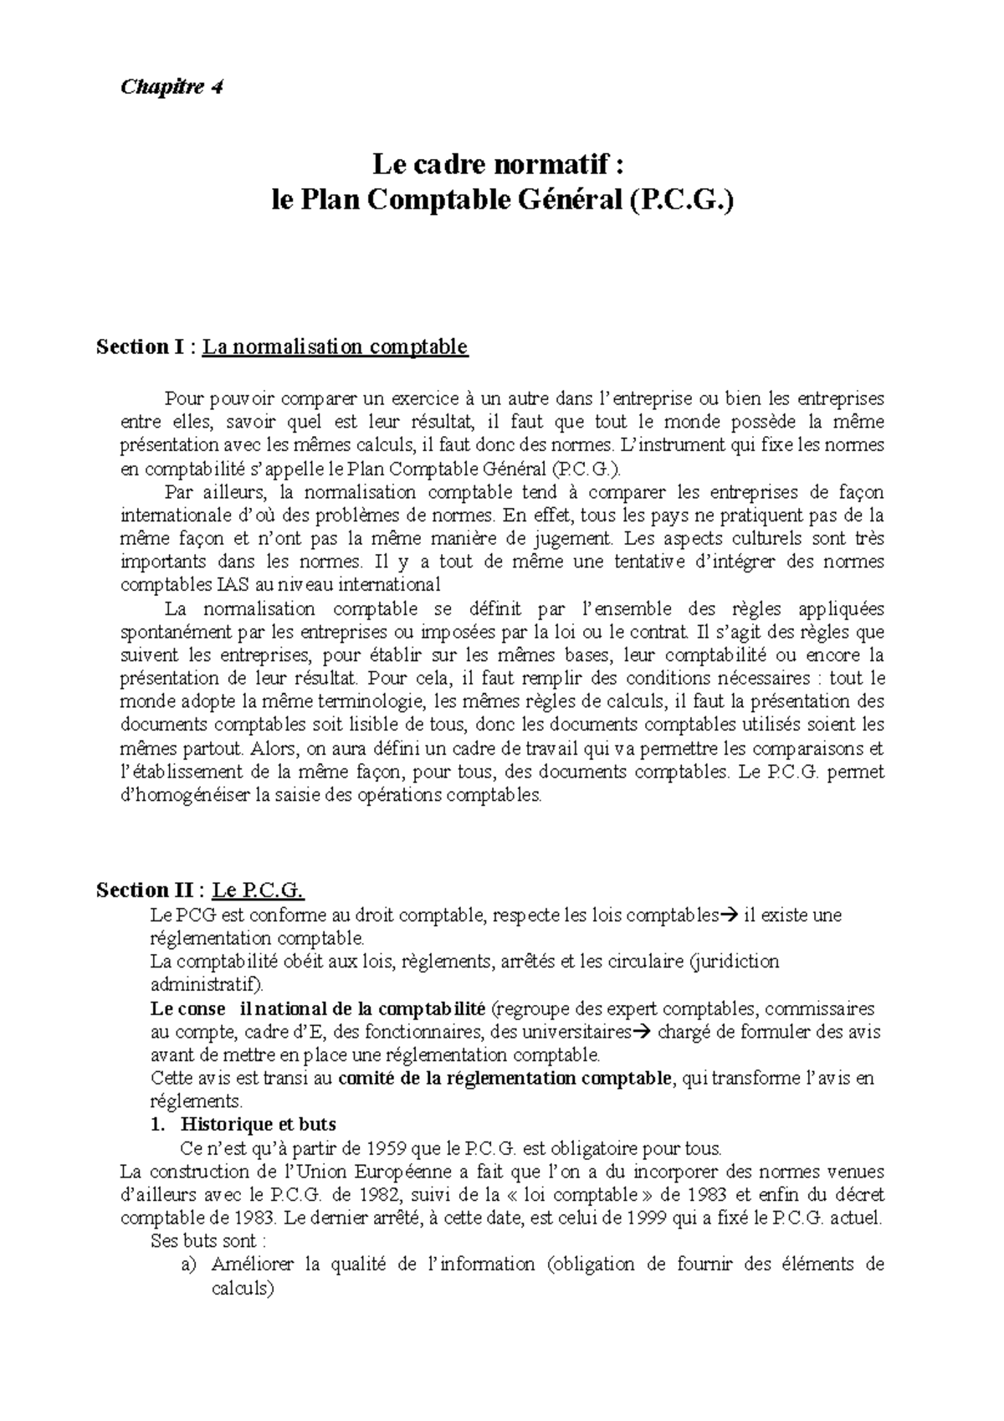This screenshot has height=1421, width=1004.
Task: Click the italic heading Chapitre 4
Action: pyautogui.click(x=172, y=87)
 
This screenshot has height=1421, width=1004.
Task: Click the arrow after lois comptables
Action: pyautogui.click(x=727, y=916)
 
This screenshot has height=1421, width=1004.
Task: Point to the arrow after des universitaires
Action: pyautogui.click(x=642, y=1032)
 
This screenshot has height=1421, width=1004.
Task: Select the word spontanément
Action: pyautogui.click(x=172, y=631)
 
